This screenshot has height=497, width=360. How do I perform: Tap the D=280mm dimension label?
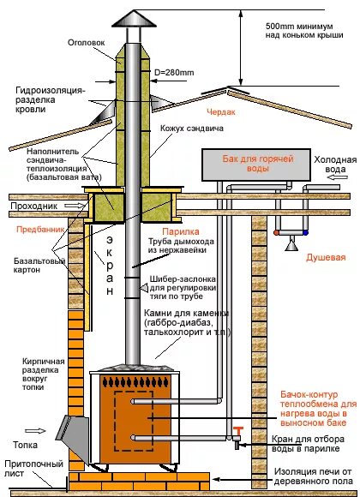point(172,61)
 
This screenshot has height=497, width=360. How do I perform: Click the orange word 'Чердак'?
point(219,111)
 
